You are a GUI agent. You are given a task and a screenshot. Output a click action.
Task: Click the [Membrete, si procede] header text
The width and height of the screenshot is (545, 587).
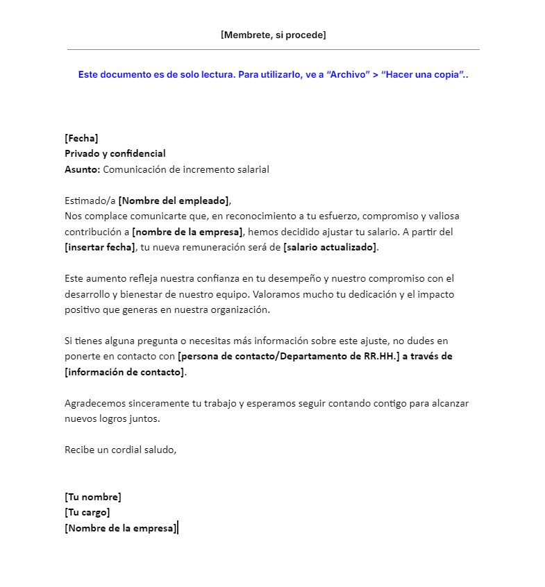tap(273, 35)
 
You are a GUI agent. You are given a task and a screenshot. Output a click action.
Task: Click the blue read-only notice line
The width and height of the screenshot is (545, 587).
tap(273, 74)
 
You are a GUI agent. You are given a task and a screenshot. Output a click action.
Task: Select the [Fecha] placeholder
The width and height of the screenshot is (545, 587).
tap(81, 138)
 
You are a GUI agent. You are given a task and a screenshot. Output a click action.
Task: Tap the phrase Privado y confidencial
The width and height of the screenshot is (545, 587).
tap(115, 153)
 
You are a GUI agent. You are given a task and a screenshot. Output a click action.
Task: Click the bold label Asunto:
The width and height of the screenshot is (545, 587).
tap(83, 169)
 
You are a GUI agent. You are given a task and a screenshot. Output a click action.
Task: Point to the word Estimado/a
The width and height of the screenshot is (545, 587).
tap(90, 201)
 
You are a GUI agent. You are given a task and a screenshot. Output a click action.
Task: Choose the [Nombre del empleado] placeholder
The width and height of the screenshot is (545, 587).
tap(174, 201)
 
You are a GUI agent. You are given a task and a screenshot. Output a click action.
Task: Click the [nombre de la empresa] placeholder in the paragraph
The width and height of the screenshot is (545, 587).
tap(187, 232)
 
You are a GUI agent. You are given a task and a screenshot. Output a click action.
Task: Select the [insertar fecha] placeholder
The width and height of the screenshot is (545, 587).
tap(100, 247)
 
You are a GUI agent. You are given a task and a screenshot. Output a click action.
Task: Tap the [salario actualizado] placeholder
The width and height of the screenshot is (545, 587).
tap(330, 247)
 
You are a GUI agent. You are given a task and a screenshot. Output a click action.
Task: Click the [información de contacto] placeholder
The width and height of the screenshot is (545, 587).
tap(125, 372)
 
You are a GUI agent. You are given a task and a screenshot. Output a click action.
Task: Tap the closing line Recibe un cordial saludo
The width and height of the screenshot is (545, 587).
tap(121, 450)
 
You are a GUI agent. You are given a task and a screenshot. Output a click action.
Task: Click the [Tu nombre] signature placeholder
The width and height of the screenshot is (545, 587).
tap(93, 497)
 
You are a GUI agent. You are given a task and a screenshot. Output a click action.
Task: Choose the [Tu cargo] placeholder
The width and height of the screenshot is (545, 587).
tap(87, 512)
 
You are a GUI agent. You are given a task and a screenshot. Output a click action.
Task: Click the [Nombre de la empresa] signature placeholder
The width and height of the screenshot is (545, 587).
tap(120, 528)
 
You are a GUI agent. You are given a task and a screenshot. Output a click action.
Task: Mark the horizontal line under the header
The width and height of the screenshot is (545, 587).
tap(273, 50)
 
